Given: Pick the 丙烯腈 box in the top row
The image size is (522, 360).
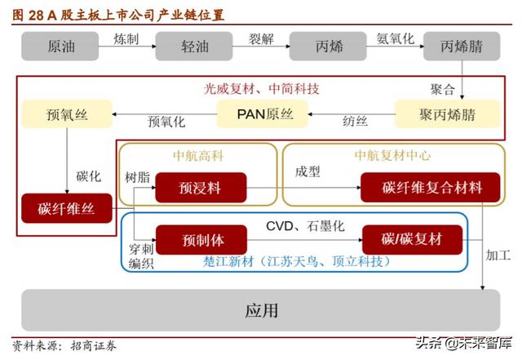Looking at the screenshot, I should (x=461, y=47).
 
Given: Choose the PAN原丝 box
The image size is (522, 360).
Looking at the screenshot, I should (x=262, y=113).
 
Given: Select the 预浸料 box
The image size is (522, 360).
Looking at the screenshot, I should (x=201, y=188).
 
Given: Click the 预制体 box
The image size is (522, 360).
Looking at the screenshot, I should (x=201, y=240).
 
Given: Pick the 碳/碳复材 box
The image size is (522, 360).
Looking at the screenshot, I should (x=412, y=240).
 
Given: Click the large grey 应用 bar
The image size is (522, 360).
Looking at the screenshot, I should (x=261, y=310).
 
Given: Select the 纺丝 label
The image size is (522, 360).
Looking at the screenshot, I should (x=355, y=122).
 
